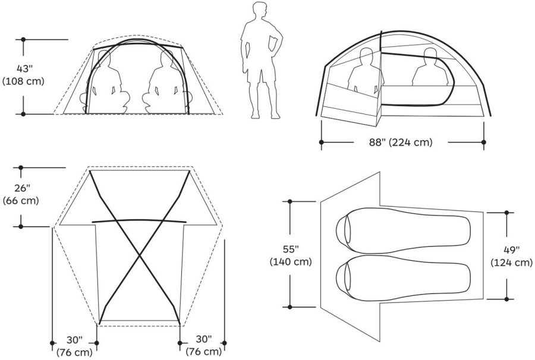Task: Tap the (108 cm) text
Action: tap(23, 81)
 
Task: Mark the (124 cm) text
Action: tap(511, 262)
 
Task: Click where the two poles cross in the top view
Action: tap(140, 256)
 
